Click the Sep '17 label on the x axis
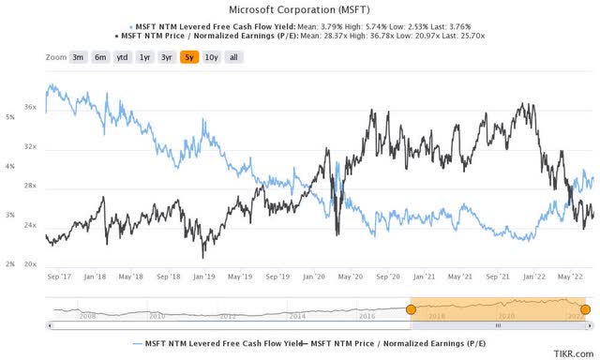[58, 277]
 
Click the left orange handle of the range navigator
[410, 309]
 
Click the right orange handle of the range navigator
[586, 309]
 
